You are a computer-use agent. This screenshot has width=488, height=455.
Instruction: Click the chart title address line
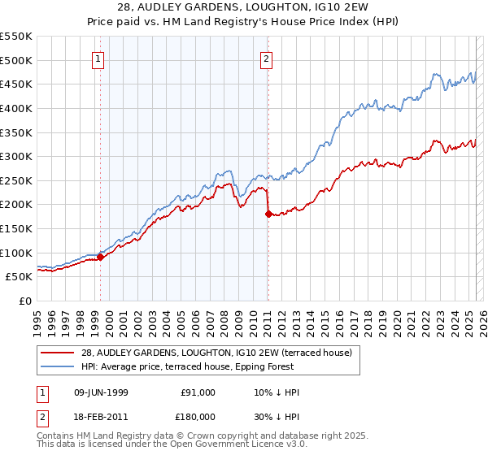tap(244, 7)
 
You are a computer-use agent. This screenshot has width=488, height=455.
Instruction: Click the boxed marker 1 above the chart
tap(98, 58)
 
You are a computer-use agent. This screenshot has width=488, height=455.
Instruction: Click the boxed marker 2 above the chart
tap(267, 58)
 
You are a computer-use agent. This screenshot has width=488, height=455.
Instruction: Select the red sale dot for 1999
tap(101, 257)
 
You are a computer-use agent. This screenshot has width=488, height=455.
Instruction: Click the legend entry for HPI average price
tap(215, 366)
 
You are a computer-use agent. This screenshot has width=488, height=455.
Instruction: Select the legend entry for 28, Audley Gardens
tap(216, 353)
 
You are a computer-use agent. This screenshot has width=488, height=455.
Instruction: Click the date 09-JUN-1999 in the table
tap(102, 392)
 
